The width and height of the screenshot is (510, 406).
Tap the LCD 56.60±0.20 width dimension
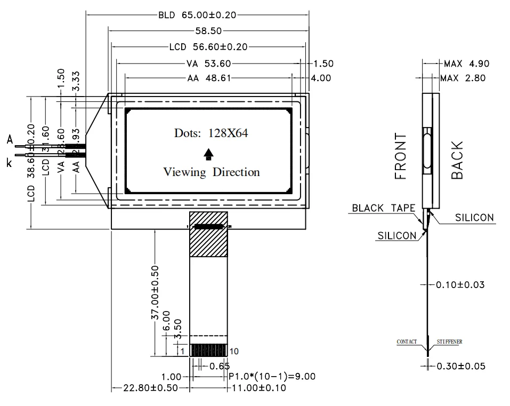[x=208, y=47]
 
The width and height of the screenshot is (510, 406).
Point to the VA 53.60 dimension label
[x=208, y=63]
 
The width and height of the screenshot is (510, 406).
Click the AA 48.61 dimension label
[x=209, y=78]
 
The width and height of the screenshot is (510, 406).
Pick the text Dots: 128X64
[x=211, y=133]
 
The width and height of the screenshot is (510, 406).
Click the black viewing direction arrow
[x=209, y=154]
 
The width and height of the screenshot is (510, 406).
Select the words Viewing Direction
[x=212, y=172]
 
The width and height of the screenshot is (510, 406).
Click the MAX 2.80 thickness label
[x=464, y=78]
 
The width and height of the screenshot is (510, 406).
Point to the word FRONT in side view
[x=400, y=156]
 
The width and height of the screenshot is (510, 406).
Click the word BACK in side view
[x=457, y=160]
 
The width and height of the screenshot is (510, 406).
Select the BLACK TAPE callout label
[x=383, y=208]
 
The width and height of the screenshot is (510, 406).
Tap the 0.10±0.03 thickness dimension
[x=460, y=284]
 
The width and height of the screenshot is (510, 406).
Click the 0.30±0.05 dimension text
[x=460, y=366]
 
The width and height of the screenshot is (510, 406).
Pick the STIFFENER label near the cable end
[x=449, y=341]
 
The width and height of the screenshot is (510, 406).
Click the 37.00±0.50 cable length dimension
[x=155, y=292]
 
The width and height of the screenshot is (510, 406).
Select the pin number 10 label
[x=234, y=351]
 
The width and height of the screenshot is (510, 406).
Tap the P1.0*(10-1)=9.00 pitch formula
[x=272, y=377]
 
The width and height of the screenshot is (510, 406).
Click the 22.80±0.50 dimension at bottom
[x=150, y=388]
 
